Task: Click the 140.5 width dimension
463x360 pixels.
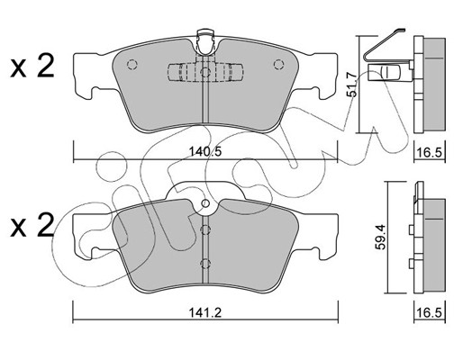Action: pyautogui.click(x=205, y=152)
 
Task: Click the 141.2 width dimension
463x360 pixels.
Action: pyautogui.click(x=205, y=313)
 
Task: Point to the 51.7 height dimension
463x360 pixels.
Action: pyautogui.click(x=351, y=85)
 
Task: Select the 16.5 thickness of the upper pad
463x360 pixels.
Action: pyautogui.click(x=430, y=153)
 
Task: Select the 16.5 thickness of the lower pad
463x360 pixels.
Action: pyautogui.click(x=430, y=313)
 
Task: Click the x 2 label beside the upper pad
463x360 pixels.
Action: pyautogui.click(x=32, y=67)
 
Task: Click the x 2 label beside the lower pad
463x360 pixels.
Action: pyautogui.click(x=32, y=226)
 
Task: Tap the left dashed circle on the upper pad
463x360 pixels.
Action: pyautogui.click(x=132, y=65)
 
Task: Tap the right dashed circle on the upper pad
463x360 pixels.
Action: pyautogui.click(x=278, y=65)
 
